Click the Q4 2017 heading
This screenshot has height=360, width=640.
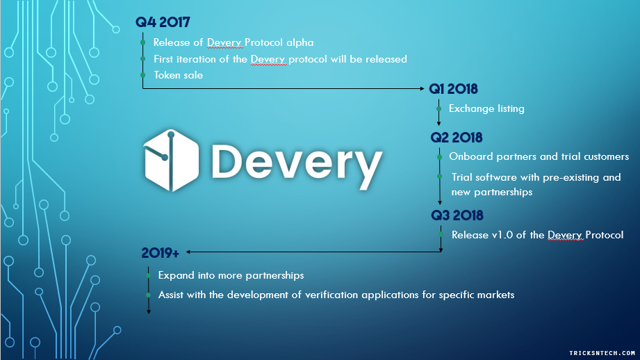pos(163,22)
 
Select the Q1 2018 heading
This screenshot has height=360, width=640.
pos(453,89)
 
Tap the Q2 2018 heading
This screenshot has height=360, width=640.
pos(457,138)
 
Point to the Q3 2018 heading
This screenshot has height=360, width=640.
pos(457,215)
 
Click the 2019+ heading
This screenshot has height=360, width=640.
pos(160,253)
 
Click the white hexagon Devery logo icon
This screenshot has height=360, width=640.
pos(172,161)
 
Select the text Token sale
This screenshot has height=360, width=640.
pos(178,75)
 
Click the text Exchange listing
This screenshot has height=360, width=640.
pos(486,108)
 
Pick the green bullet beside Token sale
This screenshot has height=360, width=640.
pos(143,75)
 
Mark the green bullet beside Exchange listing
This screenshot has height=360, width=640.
pos(438,108)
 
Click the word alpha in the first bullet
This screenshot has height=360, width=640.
pos(300,42)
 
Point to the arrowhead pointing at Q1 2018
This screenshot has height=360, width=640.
pos(422,88)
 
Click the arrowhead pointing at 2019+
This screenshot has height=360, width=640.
pos(188,252)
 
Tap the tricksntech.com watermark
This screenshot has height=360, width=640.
pos(602,353)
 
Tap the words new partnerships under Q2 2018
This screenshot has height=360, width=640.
pos(492,193)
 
